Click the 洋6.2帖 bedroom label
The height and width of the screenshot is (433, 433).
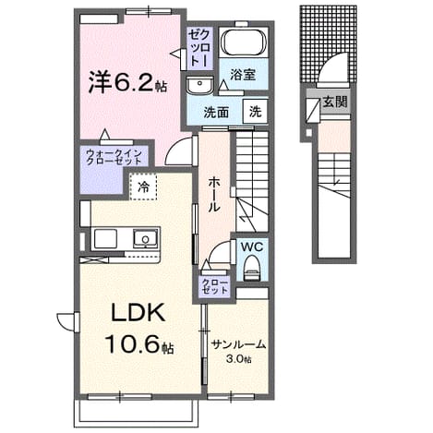[127, 82]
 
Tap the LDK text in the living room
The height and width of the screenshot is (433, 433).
[138, 313]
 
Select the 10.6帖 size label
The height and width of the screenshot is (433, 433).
[139, 343]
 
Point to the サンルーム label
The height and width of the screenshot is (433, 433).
[239, 344]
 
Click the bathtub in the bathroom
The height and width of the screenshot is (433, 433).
[244, 42]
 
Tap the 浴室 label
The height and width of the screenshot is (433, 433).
[243, 75]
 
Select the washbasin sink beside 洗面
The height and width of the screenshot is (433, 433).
[199, 84]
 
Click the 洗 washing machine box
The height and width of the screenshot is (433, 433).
[255, 112]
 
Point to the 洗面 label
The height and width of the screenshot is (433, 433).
[216, 113]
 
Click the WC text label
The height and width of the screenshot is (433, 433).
[252, 247]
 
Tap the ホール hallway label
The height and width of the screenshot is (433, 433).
[214, 195]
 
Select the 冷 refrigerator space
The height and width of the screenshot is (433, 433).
[143, 186]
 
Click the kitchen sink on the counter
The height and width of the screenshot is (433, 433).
[145, 238]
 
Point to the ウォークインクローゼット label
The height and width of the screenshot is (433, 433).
[114, 157]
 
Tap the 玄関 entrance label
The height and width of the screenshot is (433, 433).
[335, 102]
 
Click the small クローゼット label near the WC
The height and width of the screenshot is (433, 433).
[215, 286]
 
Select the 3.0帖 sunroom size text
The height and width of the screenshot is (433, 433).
[239, 358]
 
